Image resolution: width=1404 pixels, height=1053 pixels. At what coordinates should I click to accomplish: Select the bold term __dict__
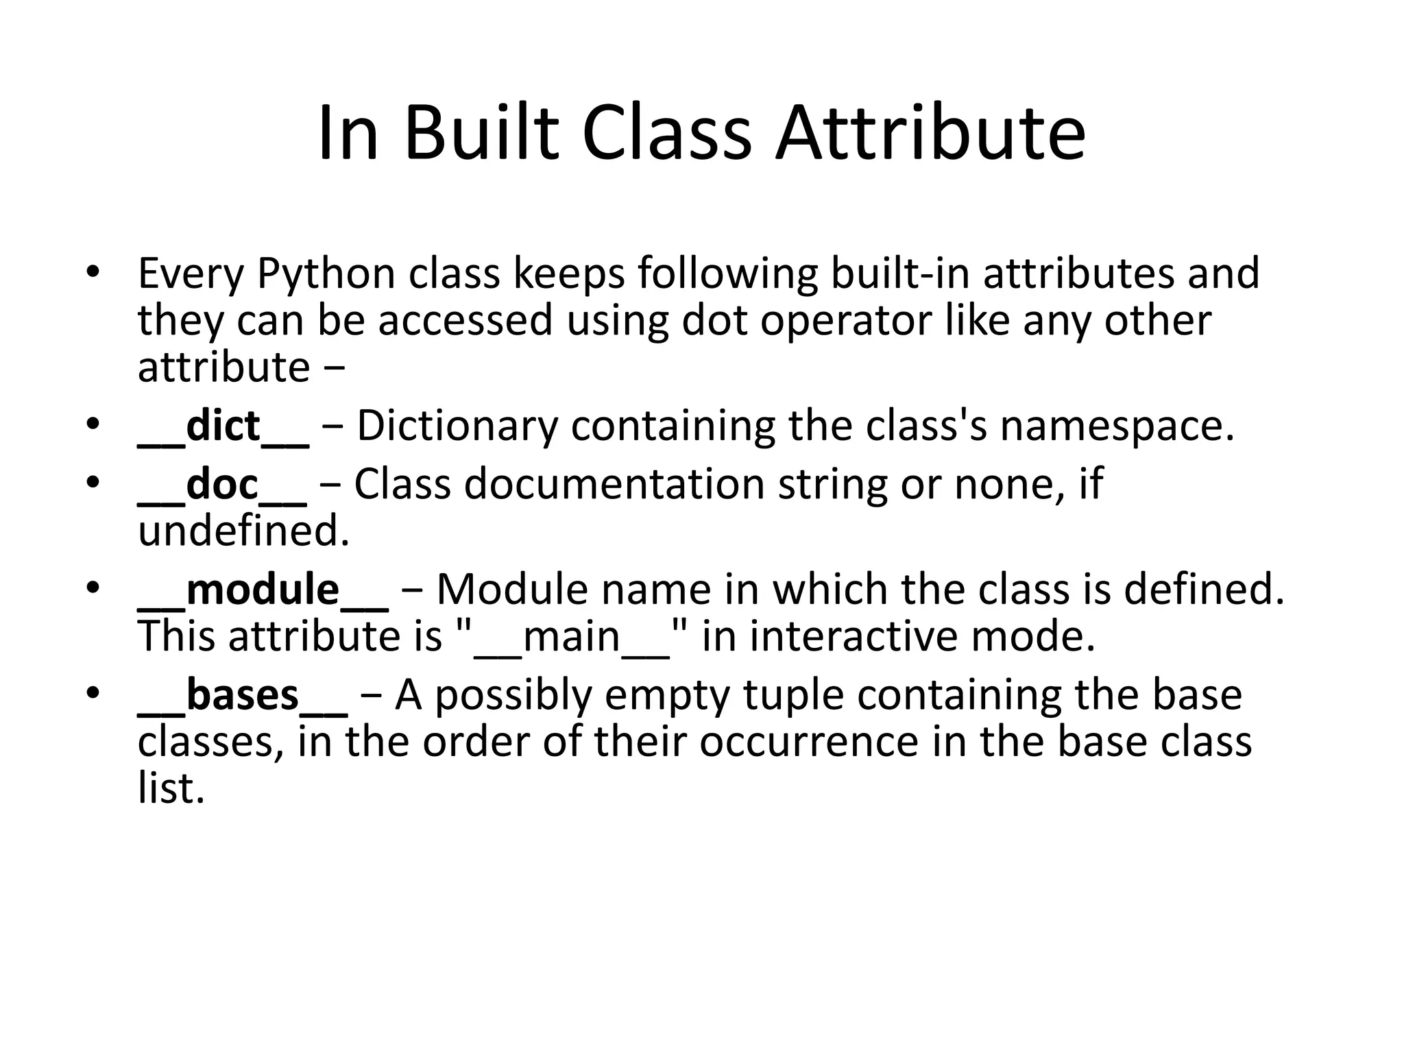pyautogui.click(x=223, y=426)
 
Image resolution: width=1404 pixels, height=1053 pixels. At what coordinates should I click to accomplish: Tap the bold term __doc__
pyautogui.click(x=222, y=485)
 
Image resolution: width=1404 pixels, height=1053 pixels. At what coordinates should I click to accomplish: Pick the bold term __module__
pyautogui.click(x=263, y=590)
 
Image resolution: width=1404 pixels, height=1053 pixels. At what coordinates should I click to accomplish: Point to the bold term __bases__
pyautogui.click(x=243, y=695)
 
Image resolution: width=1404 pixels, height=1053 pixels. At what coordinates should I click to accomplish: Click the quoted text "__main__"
pyautogui.click(x=571, y=637)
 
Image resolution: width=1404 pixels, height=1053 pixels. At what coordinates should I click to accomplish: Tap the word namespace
pyautogui.click(x=1117, y=426)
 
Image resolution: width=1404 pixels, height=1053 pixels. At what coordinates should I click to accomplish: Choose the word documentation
pyautogui.click(x=614, y=485)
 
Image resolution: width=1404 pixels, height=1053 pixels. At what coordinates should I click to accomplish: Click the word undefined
pyautogui.click(x=244, y=531)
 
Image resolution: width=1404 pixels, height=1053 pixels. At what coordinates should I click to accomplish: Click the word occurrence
pyautogui.click(x=809, y=742)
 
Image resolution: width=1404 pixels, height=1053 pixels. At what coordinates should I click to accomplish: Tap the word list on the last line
pyautogui.click(x=171, y=788)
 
